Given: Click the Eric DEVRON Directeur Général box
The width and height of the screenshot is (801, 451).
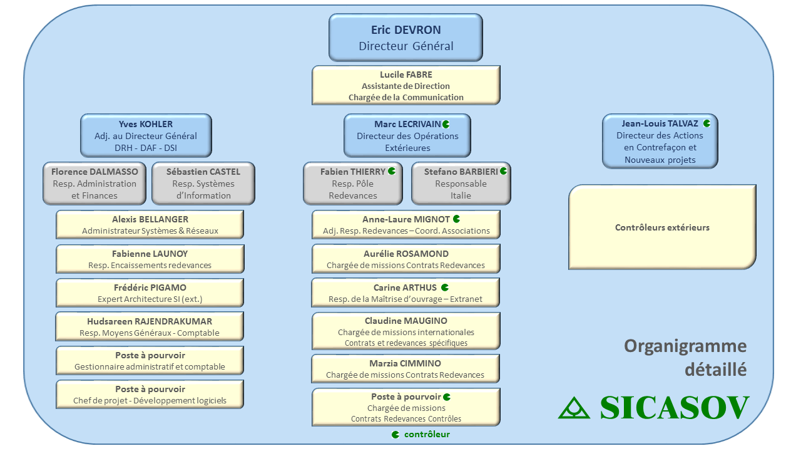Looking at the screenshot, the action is point(406,38).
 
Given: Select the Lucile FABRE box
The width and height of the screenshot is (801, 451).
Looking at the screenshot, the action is point(406,85).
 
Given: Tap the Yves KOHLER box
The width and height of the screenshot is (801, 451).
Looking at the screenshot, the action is point(146,136).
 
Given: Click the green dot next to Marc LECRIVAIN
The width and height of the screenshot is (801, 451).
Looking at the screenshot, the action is point(446,124).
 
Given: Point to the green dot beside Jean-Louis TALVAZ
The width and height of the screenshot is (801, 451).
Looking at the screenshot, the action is point(707,123).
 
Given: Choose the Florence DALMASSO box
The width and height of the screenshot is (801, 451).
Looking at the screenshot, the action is point(94,184).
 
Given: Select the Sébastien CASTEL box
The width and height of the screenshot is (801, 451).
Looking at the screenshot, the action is point(203,184).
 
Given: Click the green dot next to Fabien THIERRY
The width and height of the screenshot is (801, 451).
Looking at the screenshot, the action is point(392,171).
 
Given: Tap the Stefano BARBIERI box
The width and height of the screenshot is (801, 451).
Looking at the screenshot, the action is point(461,184).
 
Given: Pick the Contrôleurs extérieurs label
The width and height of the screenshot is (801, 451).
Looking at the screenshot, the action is point(662,227).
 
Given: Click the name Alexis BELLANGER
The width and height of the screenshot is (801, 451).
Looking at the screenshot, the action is point(150,219).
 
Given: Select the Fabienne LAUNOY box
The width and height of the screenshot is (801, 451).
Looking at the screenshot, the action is point(150,259).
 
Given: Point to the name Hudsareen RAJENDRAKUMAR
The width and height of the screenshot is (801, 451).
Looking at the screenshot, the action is point(150,321).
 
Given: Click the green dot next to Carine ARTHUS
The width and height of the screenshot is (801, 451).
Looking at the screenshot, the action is point(445,288).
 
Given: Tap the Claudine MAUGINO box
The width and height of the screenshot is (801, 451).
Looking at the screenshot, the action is point(406,331).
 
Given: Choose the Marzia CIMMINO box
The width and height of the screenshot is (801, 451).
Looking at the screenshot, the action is point(406,369).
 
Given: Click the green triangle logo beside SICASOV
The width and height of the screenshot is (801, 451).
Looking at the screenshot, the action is point(574,408).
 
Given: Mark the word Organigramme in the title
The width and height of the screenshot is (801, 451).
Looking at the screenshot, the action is point(685,346).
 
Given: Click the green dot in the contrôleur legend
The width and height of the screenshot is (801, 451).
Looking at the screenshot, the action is point(395,435).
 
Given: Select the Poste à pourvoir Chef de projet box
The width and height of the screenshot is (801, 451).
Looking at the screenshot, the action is point(150,395).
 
